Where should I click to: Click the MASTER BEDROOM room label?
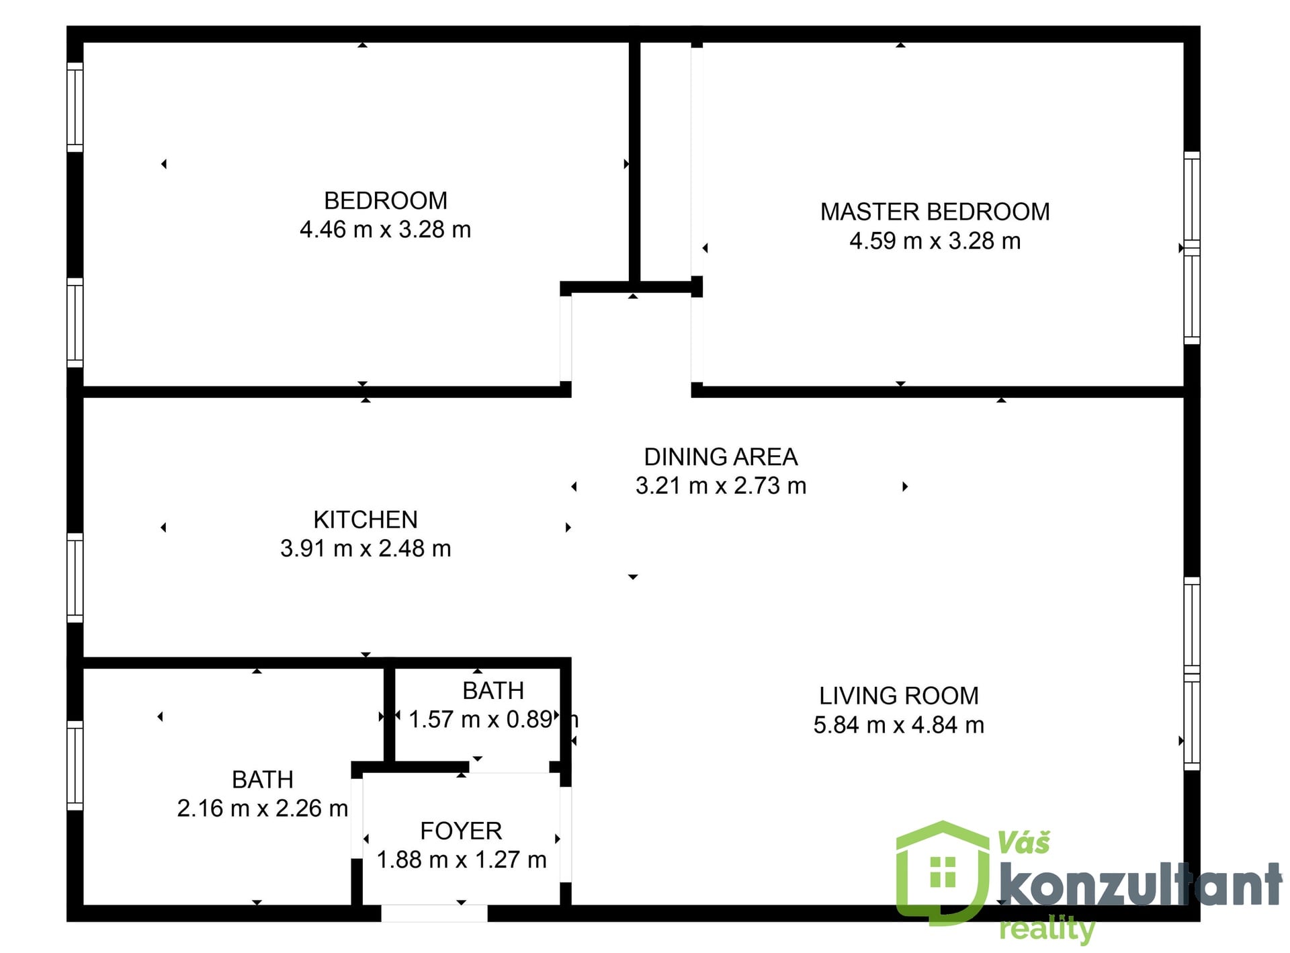tap(935, 212)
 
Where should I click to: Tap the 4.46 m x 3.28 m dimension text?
tap(385, 230)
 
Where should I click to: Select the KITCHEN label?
tap(365, 520)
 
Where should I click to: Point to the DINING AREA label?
tap(721, 457)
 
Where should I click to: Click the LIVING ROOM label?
tap(899, 696)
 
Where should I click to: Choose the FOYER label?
tap(461, 831)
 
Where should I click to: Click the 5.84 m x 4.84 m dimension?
tap(899, 725)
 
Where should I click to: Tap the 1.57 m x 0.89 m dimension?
tap(493, 720)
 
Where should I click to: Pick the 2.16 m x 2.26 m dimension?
tap(263, 809)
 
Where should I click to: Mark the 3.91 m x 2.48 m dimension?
tap(365, 548)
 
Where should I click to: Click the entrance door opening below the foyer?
tap(434, 913)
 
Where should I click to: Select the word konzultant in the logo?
tap(1141, 885)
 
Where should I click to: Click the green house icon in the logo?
tap(943, 872)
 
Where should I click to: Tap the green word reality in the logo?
tap(1047, 929)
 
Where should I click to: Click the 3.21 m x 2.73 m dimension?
tap(721, 486)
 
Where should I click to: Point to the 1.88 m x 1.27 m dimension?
tap(462, 860)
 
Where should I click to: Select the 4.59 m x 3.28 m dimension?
tap(935, 241)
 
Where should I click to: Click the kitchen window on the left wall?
tap(75, 578)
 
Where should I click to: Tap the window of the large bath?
tap(75, 765)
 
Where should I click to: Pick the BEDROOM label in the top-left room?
tap(385, 201)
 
